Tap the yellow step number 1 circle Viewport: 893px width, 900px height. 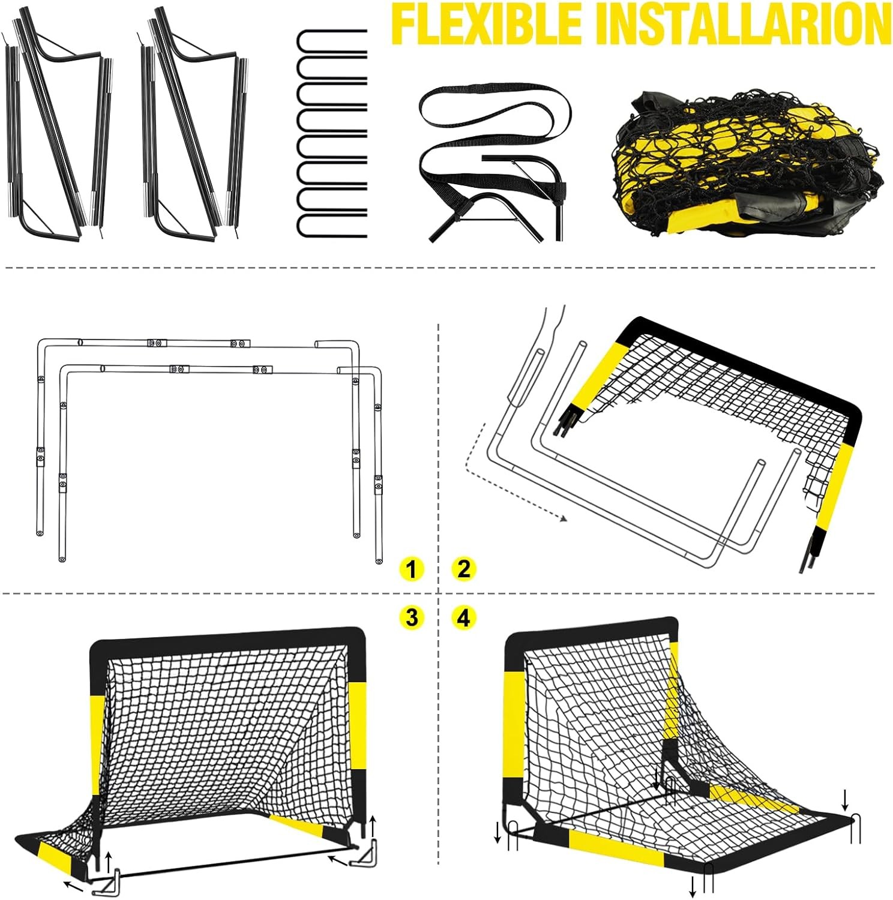click(x=411, y=569)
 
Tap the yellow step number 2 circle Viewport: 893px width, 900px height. click(x=464, y=569)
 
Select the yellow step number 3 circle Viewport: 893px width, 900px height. click(x=411, y=617)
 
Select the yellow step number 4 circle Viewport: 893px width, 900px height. click(x=464, y=617)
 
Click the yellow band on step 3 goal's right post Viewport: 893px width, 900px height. click(x=358, y=726)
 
